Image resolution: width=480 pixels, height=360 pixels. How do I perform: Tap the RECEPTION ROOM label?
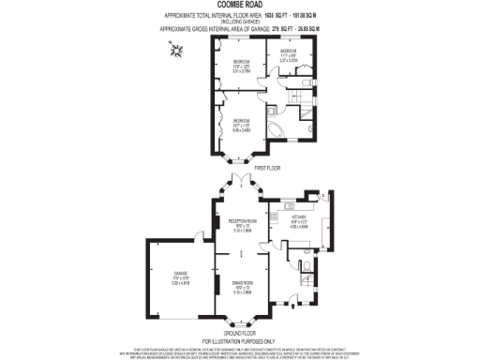pyautogui.click(x=243, y=224)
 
